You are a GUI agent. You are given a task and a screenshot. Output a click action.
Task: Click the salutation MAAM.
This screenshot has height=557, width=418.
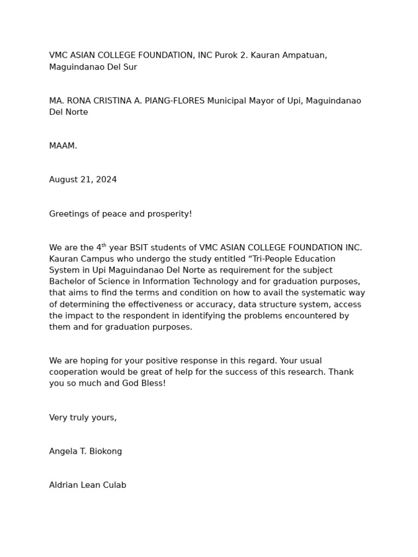coord(63,146)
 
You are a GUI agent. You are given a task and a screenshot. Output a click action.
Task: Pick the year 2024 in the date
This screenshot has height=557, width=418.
coord(106,180)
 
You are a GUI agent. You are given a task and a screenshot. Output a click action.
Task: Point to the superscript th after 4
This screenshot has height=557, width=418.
coord(104,245)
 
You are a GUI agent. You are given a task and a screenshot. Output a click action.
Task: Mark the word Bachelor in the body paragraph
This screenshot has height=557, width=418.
coord(67,281)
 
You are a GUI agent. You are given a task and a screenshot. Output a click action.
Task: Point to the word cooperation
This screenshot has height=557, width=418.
coord(74,372)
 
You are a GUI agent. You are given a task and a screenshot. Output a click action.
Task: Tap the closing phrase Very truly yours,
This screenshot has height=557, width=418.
coord(83,417)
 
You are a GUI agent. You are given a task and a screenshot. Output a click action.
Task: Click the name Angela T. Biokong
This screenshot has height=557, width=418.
coord(85,451)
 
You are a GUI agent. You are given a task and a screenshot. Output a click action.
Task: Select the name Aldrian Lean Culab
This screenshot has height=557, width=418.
coord(88,485)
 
